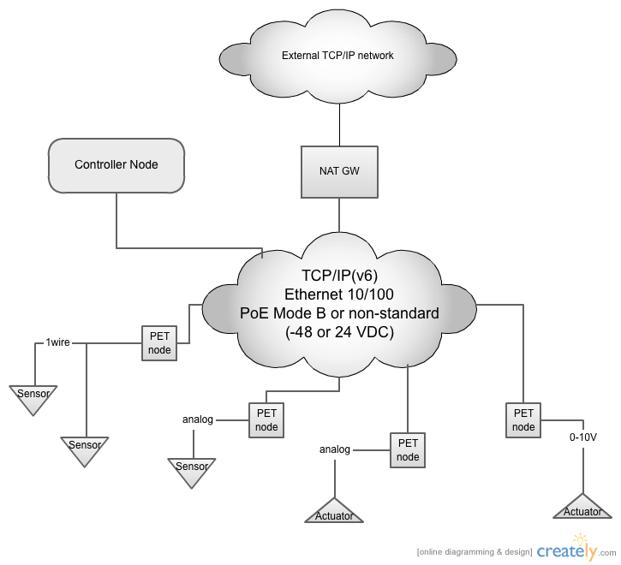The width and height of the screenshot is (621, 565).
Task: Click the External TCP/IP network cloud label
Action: pos(337,56)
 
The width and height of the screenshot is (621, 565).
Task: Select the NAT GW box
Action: pos(339,172)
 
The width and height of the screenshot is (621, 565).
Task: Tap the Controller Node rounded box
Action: pos(116,165)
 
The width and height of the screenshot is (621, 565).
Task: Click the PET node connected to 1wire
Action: pos(159,343)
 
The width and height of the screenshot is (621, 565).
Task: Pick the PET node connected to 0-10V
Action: pos(523,420)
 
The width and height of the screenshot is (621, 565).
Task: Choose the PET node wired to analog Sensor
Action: pos(266,420)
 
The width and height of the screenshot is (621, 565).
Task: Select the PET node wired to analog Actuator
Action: pos(408,450)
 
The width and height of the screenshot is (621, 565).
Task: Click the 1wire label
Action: pos(58,342)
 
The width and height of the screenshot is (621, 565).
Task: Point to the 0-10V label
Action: pos(583,437)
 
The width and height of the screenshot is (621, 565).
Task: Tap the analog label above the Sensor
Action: pos(198,419)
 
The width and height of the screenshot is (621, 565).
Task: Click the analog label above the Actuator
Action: pos(335,449)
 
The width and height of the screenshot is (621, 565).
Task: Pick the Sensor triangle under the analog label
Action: pos(192,471)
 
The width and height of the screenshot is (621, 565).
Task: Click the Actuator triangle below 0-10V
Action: pos(582,508)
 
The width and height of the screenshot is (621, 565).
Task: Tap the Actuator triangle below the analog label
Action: pos(334,513)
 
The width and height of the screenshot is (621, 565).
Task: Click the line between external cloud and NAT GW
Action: pos(339,125)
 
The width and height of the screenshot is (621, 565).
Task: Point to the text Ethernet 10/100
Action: pos(339,294)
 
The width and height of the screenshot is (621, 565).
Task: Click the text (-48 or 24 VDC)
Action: pos(339,332)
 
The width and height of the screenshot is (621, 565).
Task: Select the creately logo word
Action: pos(567,550)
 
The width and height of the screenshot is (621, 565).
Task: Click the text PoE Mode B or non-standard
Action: pos(339,313)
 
